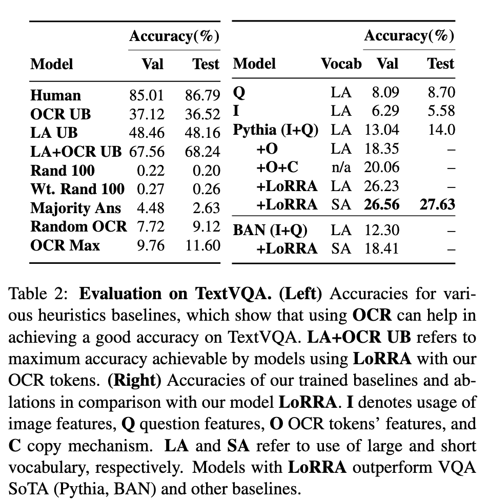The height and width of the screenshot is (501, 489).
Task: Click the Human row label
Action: (55, 96)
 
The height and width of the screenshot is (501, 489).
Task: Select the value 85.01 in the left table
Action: (146, 96)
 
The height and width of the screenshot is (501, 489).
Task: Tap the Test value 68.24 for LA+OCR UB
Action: (202, 152)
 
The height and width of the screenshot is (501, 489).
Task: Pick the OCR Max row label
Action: (65, 245)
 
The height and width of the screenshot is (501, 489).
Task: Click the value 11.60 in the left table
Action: (202, 245)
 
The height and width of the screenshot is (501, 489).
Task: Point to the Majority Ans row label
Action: (75, 208)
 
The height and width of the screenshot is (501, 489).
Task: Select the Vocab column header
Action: (341, 64)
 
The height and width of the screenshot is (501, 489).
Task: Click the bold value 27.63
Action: (435, 205)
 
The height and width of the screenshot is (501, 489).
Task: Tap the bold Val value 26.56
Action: (381, 205)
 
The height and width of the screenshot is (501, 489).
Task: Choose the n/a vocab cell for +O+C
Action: (341, 168)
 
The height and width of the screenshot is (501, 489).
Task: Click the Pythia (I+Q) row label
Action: (276, 130)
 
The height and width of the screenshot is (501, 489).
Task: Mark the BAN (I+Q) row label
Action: (270, 231)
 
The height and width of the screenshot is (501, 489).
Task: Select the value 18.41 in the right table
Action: (381, 249)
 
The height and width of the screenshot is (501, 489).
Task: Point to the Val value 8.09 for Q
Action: (385, 93)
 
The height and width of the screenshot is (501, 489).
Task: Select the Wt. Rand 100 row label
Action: (77, 189)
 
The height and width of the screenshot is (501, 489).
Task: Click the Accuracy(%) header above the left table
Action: (174, 36)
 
